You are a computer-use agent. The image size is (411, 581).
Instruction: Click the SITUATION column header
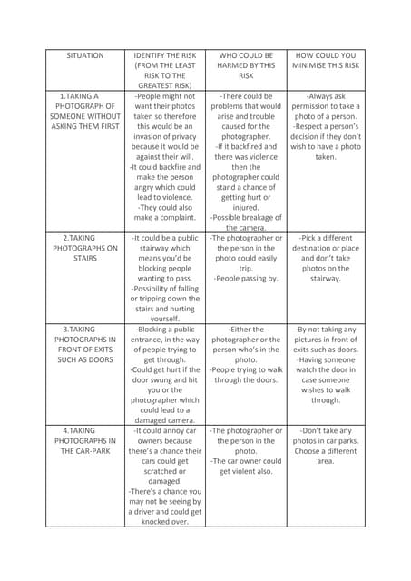(x=85, y=56)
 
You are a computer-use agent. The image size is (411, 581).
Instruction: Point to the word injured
(x=246, y=206)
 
